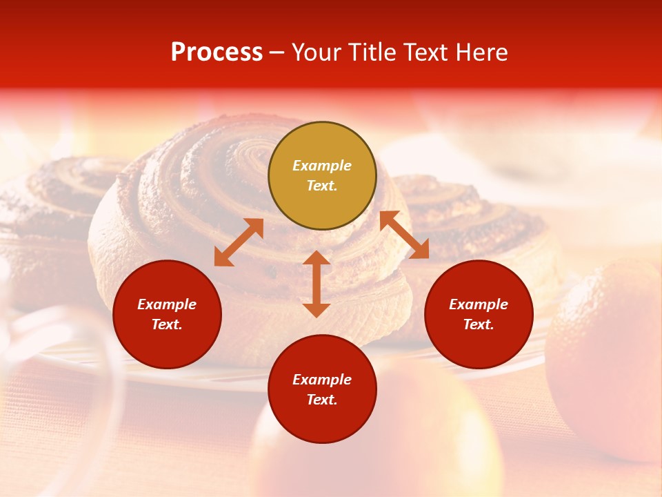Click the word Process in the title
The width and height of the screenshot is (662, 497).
click(217, 52)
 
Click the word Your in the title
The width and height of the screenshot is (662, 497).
click(317, 52)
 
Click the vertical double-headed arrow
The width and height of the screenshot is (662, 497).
click(317, 284)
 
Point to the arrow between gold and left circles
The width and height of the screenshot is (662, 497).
click(239, 242)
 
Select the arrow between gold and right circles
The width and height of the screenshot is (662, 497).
click(404, 235)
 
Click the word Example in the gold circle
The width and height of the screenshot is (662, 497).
click(322, 166)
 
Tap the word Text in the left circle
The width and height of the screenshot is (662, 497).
click(167, 324)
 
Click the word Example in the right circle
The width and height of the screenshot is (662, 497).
click(479, 304)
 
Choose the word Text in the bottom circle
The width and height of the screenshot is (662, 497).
click(322, 400)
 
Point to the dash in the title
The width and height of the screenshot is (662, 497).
click(277, 53)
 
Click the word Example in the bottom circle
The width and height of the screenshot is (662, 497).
click(322, 380)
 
